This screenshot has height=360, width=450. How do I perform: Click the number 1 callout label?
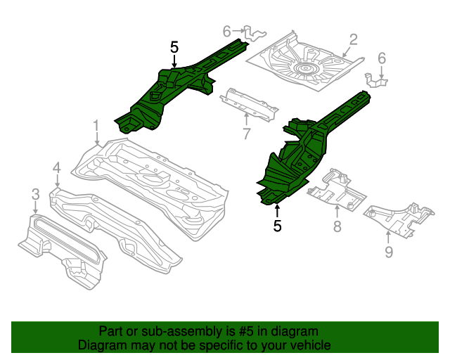(x=96, y=127)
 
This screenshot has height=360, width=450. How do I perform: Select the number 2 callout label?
(x=353, y=40)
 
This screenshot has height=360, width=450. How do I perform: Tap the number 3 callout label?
(x=34, y=194)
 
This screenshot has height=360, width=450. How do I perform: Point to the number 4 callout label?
(x=57, y=167)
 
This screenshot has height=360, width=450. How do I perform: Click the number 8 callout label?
(x=337, y=226)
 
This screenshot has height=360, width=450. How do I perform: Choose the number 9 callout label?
(x=389, y=252)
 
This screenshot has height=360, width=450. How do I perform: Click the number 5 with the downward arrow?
(x=174, y=47)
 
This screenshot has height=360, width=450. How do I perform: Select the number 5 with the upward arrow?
(x=277, y=226)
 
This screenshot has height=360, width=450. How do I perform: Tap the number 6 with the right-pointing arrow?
(x=227, y=31)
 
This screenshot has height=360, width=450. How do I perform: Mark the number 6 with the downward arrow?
(x=382, y=58)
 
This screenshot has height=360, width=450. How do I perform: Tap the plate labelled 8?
(x=335, y=186)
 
